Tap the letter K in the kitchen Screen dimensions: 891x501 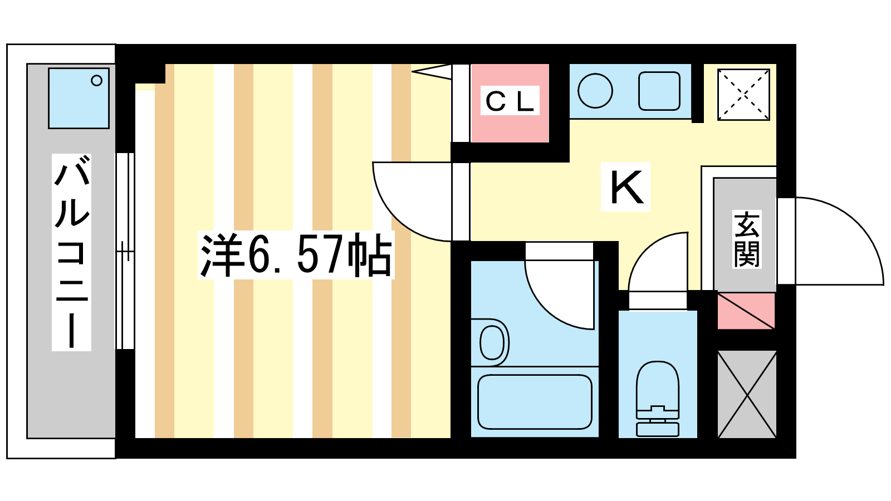coord(626,186)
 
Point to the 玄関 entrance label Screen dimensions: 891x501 coord(747,239)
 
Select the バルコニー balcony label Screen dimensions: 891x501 coord(72,252)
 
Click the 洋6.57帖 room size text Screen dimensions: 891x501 coord(296,256)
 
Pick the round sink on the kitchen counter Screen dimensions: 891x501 coord(595,91)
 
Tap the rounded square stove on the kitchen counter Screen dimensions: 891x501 coord(659,91)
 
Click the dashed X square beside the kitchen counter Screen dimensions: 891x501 coord(743,95)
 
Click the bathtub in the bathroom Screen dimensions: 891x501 coord(535,401)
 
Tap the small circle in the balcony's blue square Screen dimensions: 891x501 coord(97,81)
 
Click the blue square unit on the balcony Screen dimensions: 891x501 coord(79,98)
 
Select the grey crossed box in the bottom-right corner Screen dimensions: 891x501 coord(747,395)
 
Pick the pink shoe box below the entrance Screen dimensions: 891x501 coord(746,311)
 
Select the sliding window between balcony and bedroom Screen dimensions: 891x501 coord(125,251)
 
